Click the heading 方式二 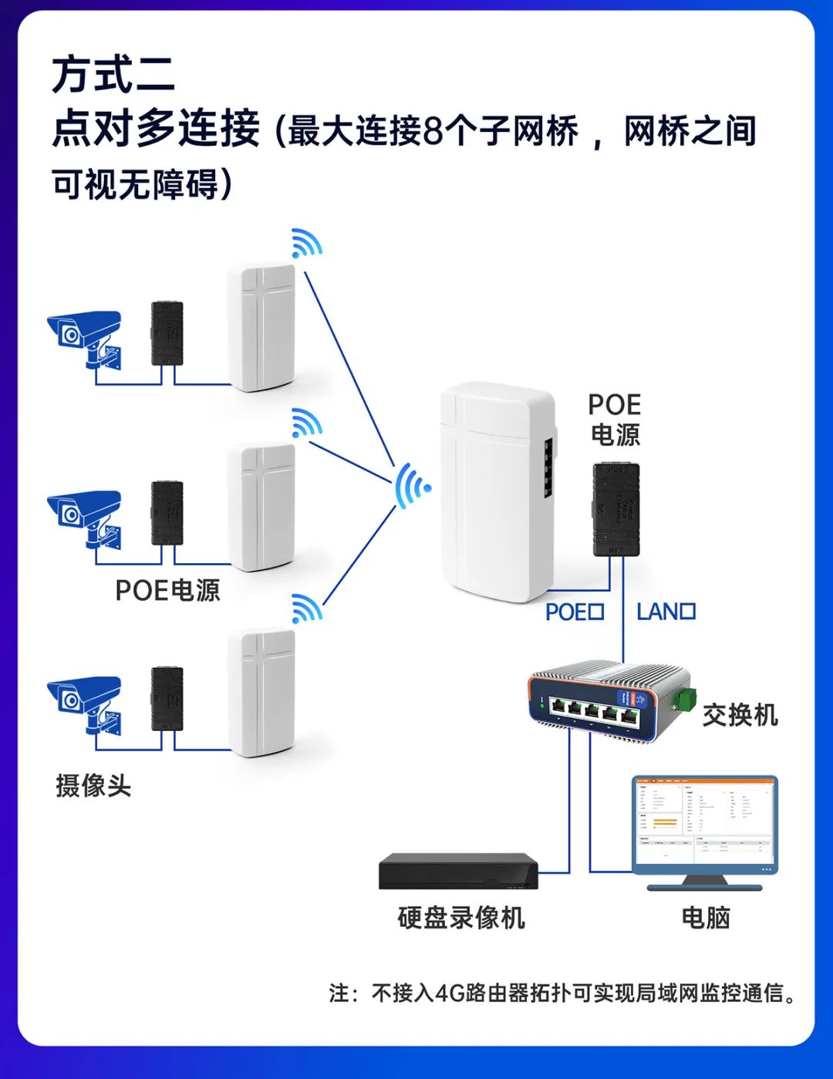coord(113,75)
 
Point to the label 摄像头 coord(93,786)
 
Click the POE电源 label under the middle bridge coord(167,591)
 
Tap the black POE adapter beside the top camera coord(167,333)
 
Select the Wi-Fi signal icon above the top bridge coord(306,243)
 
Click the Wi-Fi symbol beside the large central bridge coord(412,487)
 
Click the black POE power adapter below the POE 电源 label coord(615,509)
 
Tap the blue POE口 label coord(575,612)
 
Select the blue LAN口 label coord(666,612)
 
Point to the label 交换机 coord(740,716)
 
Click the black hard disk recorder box coord(458,872)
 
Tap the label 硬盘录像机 coord(461,918)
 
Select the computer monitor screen coord(704,823)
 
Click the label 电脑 coord(705,918)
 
